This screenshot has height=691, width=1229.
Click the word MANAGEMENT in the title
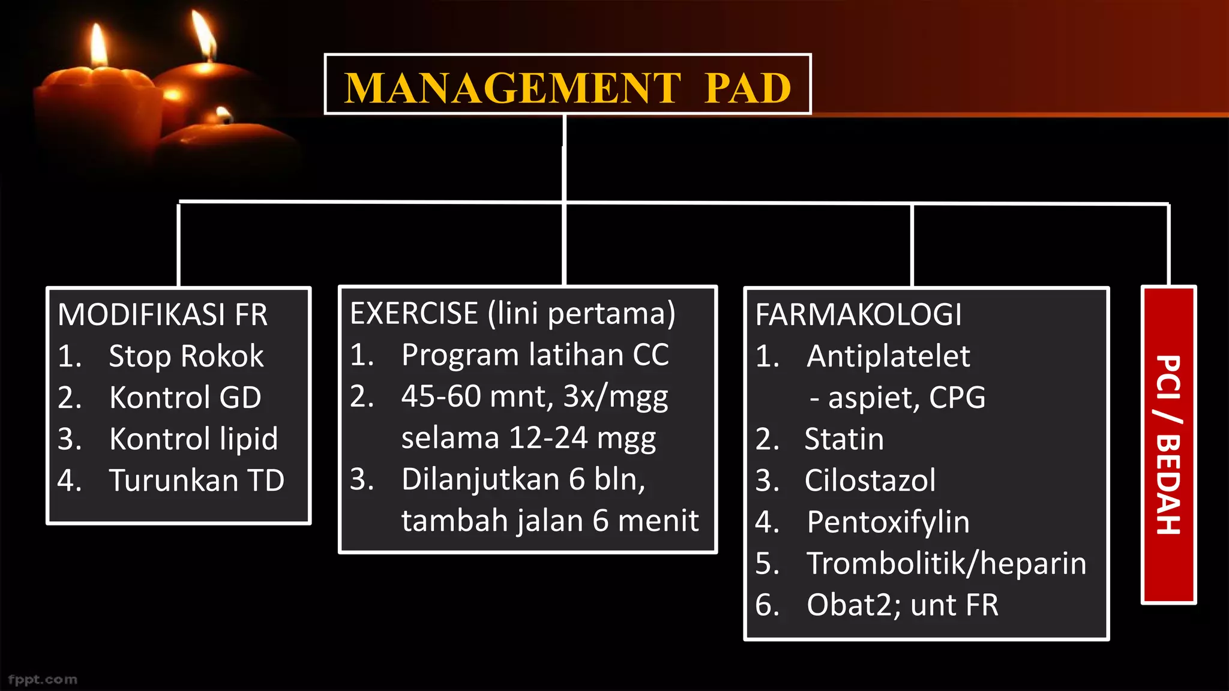pos(512,88)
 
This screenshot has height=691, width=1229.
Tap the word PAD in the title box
pos(748,88)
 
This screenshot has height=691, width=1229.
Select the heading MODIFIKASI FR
pos(163,315)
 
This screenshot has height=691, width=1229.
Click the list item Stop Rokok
pos(186,356)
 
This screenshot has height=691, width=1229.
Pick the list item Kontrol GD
pos(185,398)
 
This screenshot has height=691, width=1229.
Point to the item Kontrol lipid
pos(193,439)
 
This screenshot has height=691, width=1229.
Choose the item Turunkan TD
pos(196,480)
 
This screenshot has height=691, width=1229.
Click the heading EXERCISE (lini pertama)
pos(512,314)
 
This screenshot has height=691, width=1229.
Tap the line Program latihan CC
pos(535,355)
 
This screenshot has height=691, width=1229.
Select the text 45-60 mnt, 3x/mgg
pos(534,396)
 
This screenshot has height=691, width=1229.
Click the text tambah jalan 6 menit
pos(550,521)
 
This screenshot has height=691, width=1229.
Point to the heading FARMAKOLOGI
pos(858,315)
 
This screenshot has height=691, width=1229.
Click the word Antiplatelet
pos(888,356)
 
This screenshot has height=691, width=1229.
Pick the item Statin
pos(844,439)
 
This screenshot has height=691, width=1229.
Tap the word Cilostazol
pos(870,480)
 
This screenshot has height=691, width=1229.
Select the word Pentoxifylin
pos(888,522)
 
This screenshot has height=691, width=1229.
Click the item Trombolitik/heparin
pos(946,563)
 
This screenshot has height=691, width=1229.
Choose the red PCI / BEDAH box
pos(1168,444)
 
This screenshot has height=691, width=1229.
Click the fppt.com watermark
pos(43,680)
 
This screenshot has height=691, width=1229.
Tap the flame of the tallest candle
pos(203,33)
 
